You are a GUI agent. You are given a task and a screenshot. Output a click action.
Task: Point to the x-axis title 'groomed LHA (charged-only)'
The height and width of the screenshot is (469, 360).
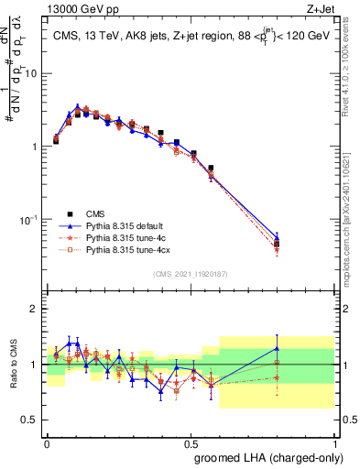267,457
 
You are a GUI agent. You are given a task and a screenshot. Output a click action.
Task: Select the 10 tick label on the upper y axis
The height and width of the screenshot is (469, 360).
32,73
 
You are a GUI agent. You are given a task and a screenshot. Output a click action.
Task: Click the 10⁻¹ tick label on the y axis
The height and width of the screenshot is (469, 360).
30,220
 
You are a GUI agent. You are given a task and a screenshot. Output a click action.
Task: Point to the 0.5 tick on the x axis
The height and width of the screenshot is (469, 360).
191,441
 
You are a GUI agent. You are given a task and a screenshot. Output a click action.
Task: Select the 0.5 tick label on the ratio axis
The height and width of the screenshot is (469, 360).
32,420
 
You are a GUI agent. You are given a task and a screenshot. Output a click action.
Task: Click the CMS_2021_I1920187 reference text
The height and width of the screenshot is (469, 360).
191,274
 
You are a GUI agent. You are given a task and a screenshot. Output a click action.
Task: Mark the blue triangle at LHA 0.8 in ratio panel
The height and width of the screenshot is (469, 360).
277,348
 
